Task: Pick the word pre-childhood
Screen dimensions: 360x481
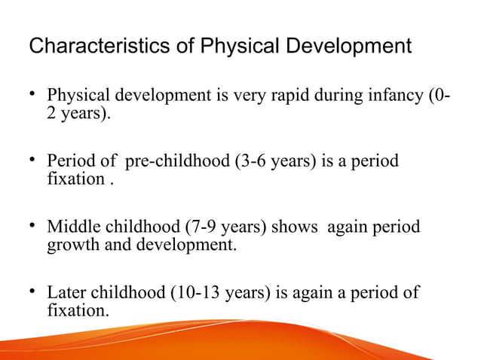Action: pyautogui.click(x=170, y=162)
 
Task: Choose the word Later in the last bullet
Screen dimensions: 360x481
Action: pyautogui.click(x=66, y=292)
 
